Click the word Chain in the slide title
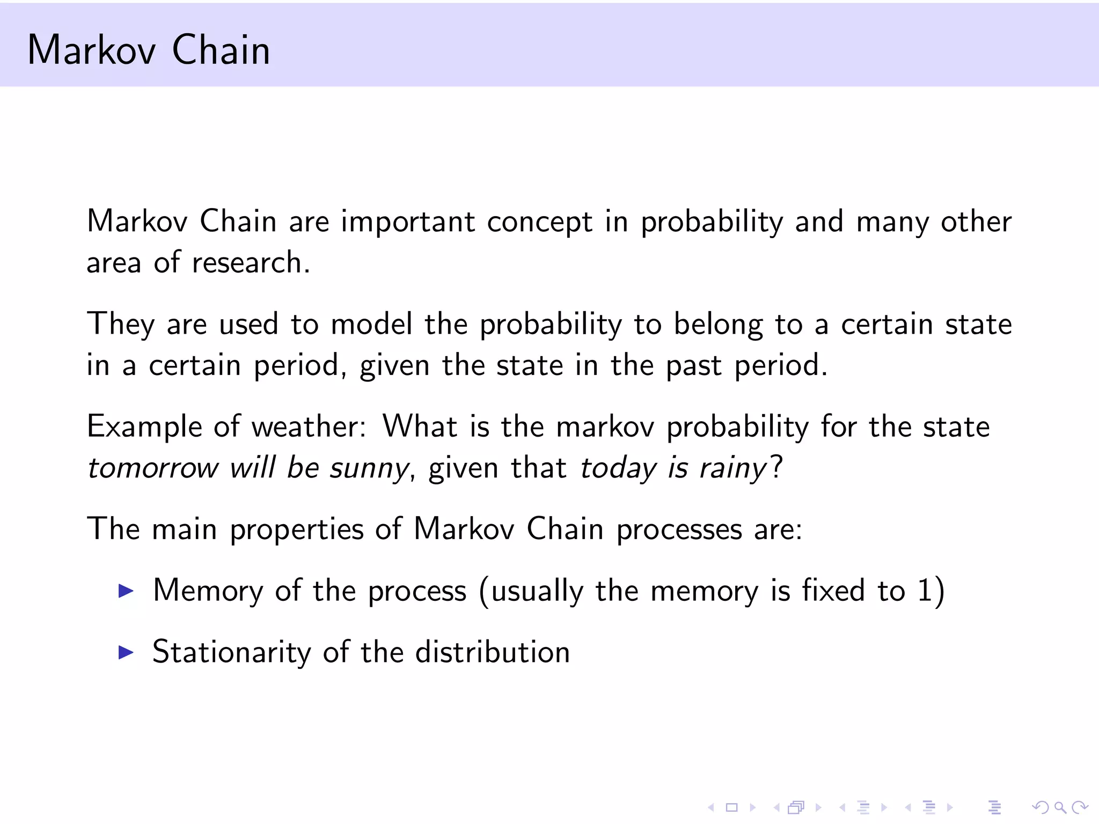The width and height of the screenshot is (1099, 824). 221,50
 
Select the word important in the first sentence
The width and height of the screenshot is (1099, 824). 408,222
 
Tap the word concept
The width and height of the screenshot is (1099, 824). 539,223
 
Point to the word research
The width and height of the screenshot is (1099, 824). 250,263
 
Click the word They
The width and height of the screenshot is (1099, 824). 121,325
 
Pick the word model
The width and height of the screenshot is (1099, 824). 371,324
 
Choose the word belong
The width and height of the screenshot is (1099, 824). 718,325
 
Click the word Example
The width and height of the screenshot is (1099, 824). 144,428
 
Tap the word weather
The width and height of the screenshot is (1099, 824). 309,427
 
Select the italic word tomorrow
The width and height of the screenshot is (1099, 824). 153,468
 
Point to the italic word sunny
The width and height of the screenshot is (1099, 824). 369,468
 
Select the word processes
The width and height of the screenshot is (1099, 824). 679,530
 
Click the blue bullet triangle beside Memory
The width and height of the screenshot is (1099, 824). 126,591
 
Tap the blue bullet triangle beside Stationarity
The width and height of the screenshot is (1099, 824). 126,652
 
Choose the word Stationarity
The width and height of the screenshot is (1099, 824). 231,652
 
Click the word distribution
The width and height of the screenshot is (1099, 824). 492,652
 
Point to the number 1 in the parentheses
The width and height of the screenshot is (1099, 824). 924,591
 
